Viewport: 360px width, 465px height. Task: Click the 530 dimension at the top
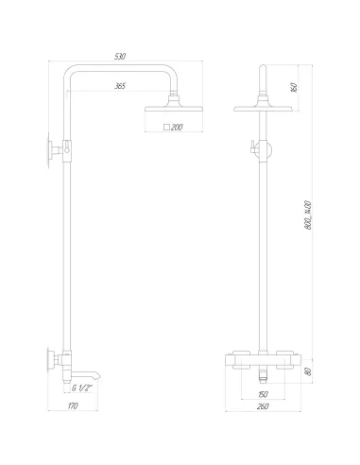[x=120, y=57]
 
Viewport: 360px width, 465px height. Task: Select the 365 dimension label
[x=120, y=86]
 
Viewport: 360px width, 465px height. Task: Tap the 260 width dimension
[x=265, y=408]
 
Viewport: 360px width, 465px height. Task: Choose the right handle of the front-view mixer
[x=291, y=361]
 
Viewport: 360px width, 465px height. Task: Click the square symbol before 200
[x=166, y=126]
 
